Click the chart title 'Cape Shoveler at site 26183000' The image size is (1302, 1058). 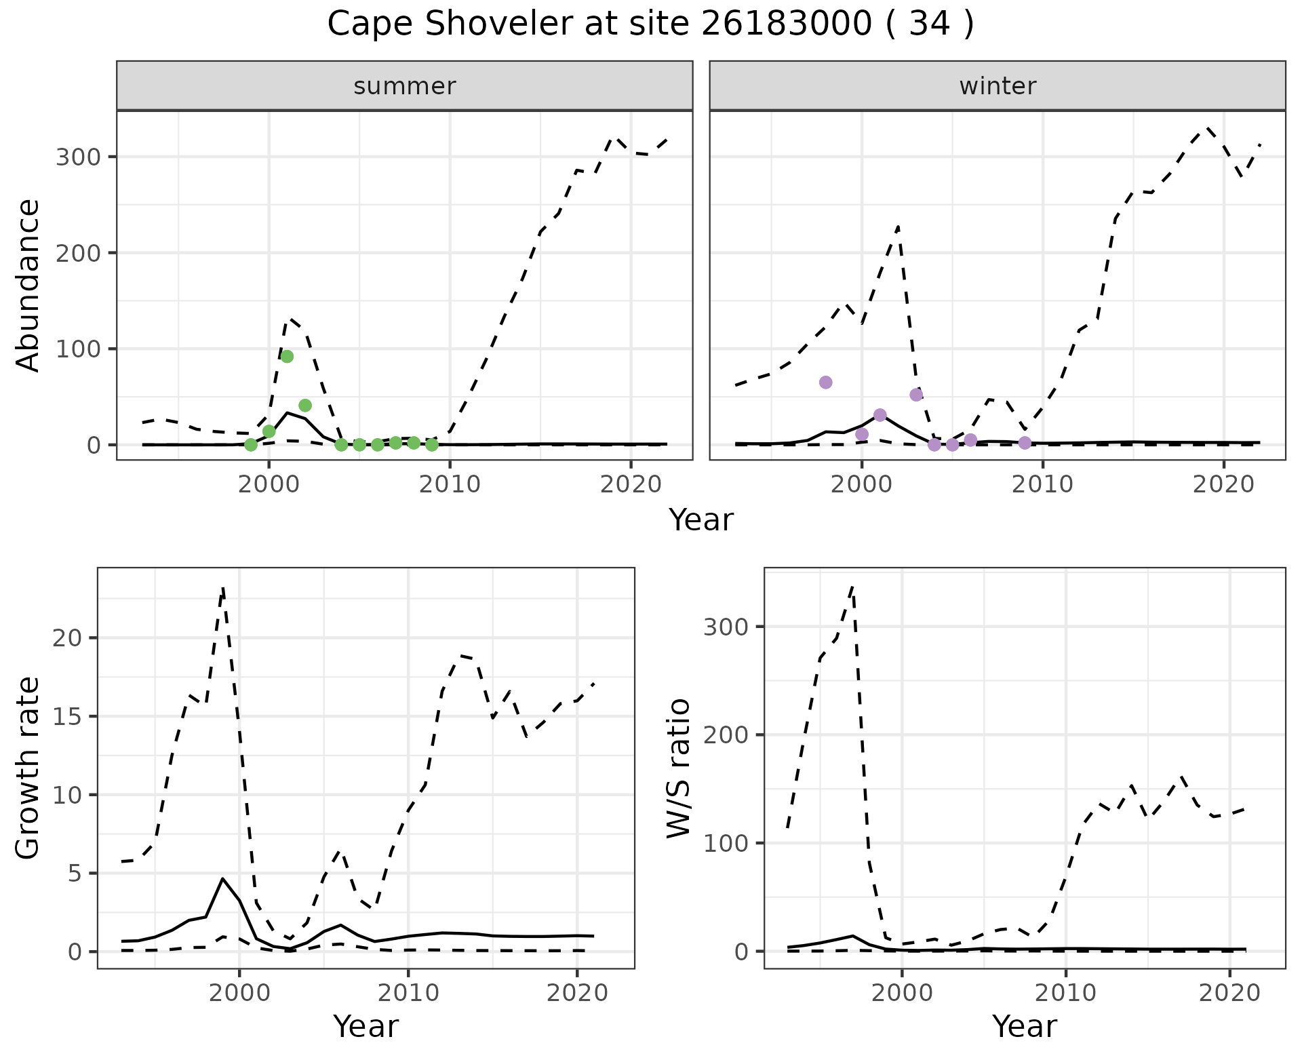[x=650, y=24]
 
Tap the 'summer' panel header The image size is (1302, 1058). [x=405, y=86]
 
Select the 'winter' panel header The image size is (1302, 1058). [x=998, y=86]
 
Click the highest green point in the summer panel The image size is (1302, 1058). [x=287, y=357]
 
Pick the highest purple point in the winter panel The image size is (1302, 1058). [x=825, y=383]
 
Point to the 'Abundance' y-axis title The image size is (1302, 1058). [x=28, y=285]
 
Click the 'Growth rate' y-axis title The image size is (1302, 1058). [x=28, y=768]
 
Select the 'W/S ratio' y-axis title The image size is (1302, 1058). [x=678, y=768]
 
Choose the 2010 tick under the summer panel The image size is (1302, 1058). [x=450, y=484]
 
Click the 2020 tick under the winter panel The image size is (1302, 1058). [x=1223, y=484]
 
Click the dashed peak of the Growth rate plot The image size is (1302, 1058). [x=223, y=589]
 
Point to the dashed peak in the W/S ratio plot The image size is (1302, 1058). [x=853, y=585]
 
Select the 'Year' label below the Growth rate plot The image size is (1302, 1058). [x=366, y=1027]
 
